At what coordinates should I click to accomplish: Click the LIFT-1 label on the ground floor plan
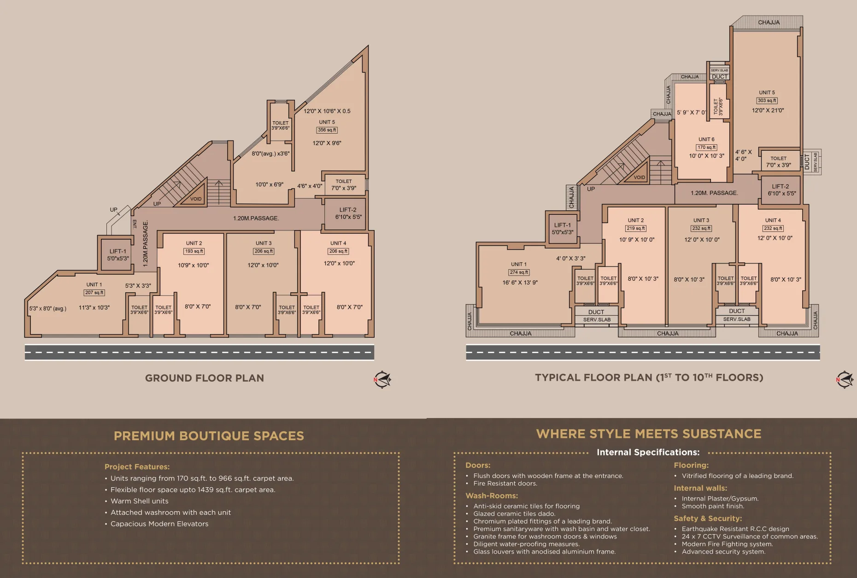[118, 255]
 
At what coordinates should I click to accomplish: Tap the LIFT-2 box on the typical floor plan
[781, 190]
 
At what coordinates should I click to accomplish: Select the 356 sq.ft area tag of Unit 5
[327, 130]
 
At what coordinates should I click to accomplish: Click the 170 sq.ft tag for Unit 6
[706, 147]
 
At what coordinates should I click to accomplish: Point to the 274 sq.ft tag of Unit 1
[519, 272]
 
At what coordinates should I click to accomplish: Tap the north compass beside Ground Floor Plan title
[382, 380]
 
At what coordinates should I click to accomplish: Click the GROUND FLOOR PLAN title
[205, 378]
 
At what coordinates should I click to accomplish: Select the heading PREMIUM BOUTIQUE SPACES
[209, 436]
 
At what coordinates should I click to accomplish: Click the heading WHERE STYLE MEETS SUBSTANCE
[649, 434]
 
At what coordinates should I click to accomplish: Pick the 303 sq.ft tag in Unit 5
[767, 100]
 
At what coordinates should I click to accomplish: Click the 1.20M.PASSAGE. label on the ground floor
[256, 218]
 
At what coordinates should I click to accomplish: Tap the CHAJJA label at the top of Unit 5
[769, 22]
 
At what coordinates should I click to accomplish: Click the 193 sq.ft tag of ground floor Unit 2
[194, 251]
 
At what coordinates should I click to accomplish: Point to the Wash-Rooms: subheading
[492, 496]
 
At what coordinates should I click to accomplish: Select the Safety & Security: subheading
[708, 519]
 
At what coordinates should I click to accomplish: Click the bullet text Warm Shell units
[140, 501]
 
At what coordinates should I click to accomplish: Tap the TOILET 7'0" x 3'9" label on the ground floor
[344, 185]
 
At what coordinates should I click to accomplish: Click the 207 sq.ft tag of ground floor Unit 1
[94, 293]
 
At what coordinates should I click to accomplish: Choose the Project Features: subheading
[137, 467]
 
